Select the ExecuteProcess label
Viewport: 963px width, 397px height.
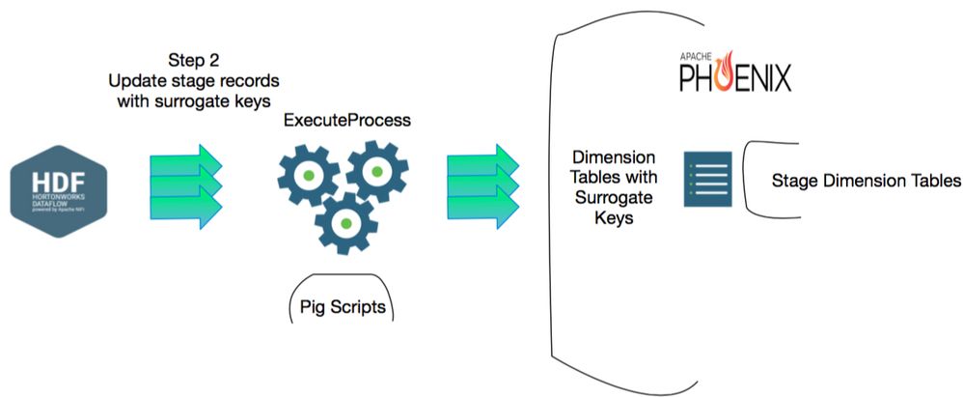[x=345, y=122]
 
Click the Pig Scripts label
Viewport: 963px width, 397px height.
[x=344, y=309]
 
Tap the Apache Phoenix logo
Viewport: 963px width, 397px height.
[x=734, y=71]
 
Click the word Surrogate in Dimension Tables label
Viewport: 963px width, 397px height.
[x=615, y=198]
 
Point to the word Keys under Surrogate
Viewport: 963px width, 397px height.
[x=615, y=218]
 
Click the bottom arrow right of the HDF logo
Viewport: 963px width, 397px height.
[x=187, y=208]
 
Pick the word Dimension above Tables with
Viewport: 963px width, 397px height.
[x=615, y=156]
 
